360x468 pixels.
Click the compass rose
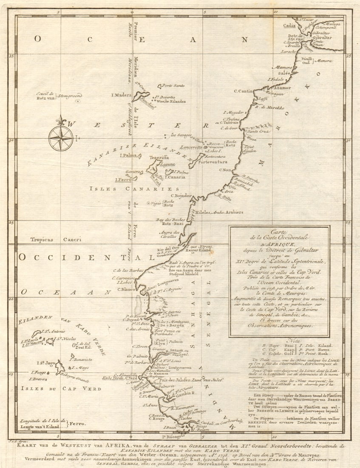pos(60,138)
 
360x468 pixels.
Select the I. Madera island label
pos(121,95)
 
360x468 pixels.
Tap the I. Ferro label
pos(123,180)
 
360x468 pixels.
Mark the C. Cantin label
pos(244,91)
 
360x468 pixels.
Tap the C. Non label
pos(225,170)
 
